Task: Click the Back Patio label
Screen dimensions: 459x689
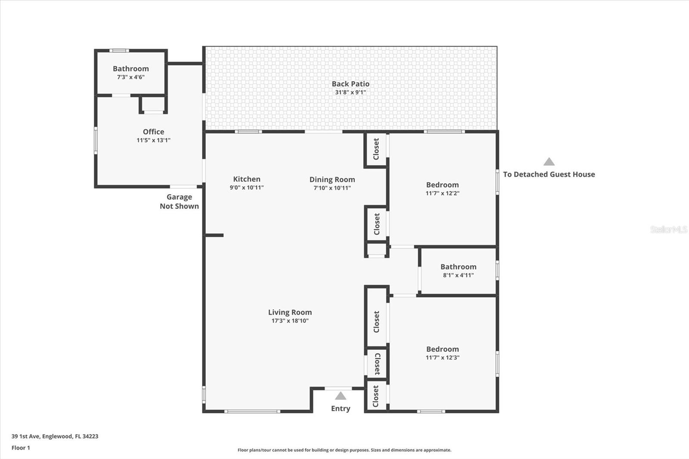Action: (x=351, y=84)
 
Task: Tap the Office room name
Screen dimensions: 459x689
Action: (x=153, y=132)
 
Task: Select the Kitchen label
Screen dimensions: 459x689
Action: (x=247, y=179)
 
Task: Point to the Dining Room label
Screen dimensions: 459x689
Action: (x=332, y=180)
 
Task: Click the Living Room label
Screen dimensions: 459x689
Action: (x=290, y=312)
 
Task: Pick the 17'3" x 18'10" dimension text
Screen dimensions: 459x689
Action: (x=290, y=321)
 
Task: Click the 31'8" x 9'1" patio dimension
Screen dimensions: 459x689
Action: (x=351, y=92)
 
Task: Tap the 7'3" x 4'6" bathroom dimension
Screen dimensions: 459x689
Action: (x=131, y=77)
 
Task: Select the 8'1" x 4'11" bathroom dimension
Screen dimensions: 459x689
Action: (x=458, y=275)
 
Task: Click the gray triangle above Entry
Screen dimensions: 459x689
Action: (x=341, y=396)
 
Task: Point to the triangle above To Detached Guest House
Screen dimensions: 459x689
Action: (x=549, y=162)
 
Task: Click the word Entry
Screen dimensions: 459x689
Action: (x=341, y=409)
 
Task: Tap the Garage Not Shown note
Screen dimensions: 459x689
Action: (x=179, y=202)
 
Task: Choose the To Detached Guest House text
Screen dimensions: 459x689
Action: (x=549, y=174)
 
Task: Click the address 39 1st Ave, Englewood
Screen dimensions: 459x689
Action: (x=55, y=436)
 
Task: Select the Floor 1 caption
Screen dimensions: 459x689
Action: (x=21, y=448)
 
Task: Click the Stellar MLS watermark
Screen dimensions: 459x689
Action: (x=668, y=229)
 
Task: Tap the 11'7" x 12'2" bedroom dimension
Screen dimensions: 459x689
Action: (x=442, y=193)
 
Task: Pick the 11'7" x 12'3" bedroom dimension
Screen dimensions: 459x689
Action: (x=442, y=357)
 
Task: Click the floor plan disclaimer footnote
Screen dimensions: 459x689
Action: (x=344, y=450)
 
